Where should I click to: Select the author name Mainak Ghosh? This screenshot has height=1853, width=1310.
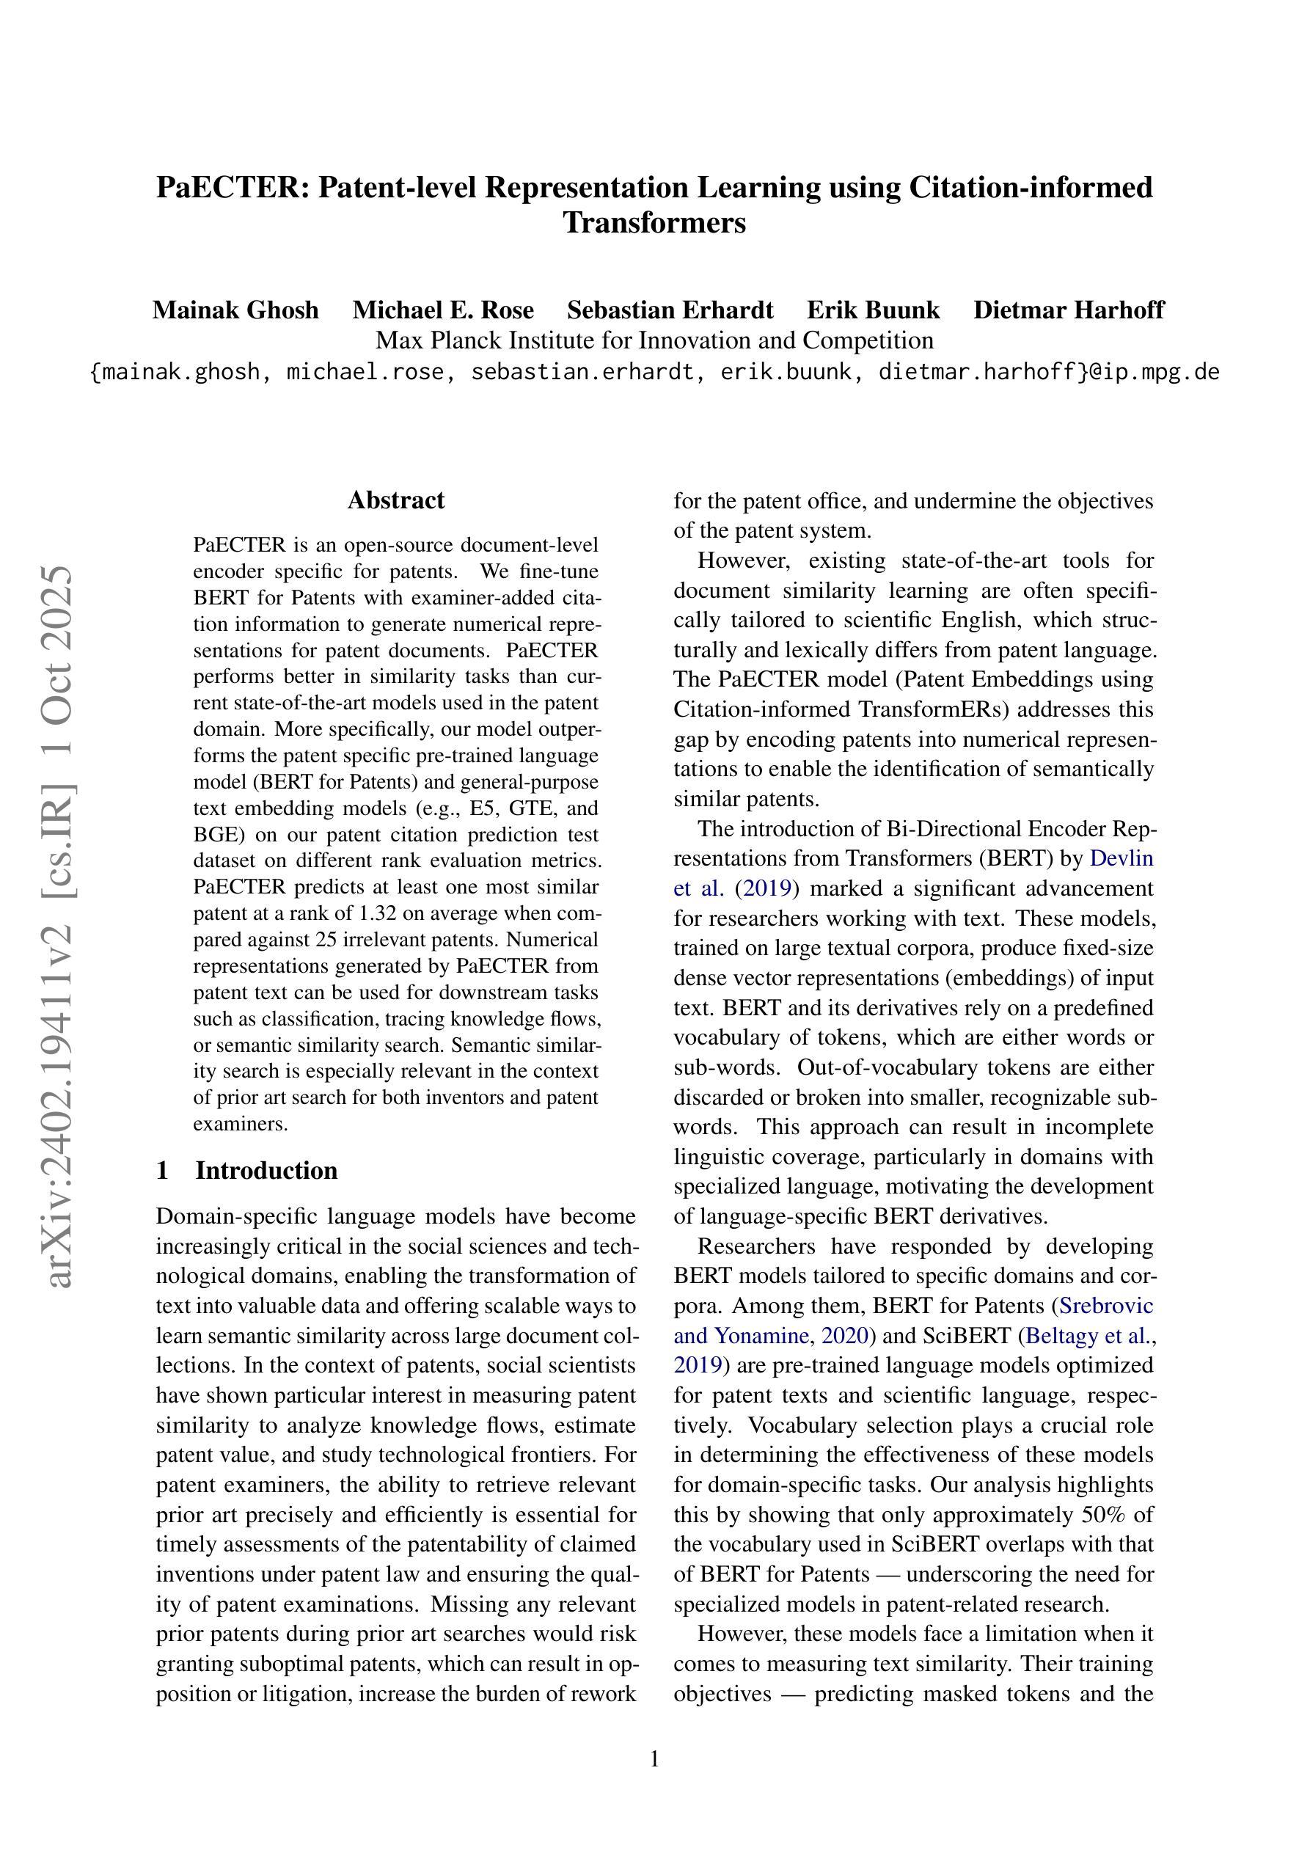tap(235, 310)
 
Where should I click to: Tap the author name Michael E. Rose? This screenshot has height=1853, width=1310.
tap(443, 310)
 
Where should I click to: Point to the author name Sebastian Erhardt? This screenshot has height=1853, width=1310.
tap(670, 310)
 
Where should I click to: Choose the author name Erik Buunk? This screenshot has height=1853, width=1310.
tap(874, 310)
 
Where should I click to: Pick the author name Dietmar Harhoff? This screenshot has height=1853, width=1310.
tap(1069, 310)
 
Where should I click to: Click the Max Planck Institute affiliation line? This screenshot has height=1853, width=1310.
tap(654, 340)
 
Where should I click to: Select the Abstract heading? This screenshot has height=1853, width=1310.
tap(395, 500)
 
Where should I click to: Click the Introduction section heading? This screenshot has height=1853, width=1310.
tap(266, 1170)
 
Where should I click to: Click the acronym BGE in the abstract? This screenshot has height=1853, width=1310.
tap(212, 835)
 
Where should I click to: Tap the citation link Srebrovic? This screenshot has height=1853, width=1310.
tap(1106, 1306)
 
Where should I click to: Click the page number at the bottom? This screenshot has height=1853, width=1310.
tap(654, 1758)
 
